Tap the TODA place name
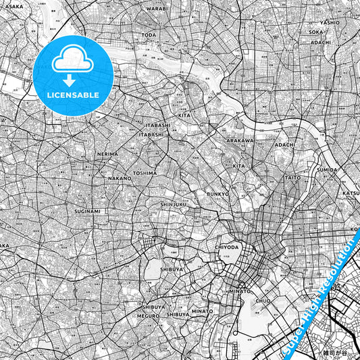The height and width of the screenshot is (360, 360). [149, 34]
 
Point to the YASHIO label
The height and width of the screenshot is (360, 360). [330, 22]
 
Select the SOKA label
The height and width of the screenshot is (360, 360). [315, 32]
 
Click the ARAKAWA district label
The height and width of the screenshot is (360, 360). [239, 140]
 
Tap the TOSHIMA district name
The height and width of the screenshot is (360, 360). [145, 173]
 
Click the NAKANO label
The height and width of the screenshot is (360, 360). [120, 178]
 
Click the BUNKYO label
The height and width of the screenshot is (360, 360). [218, 194]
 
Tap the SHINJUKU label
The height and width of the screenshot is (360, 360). [174, 203]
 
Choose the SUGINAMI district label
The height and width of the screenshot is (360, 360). [87, 211]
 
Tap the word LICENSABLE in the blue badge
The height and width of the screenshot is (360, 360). [73, 95]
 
